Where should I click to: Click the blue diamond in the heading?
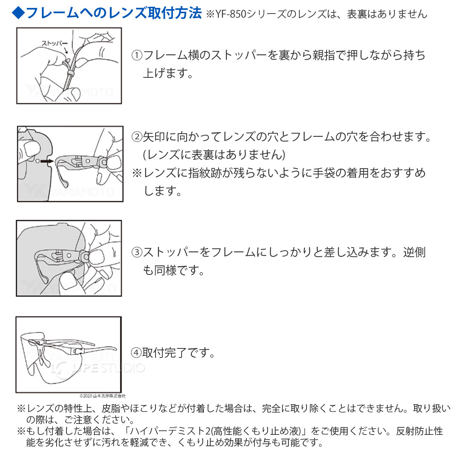click(18, 13)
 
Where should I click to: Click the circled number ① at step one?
click(137, 55)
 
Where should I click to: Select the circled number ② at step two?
click(137, 137)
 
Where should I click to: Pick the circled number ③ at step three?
click(137, 252)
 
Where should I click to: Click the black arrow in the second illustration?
click(46, 161)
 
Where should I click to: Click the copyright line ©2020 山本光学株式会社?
click(103, 396)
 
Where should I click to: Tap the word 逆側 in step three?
click(414, 252)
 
